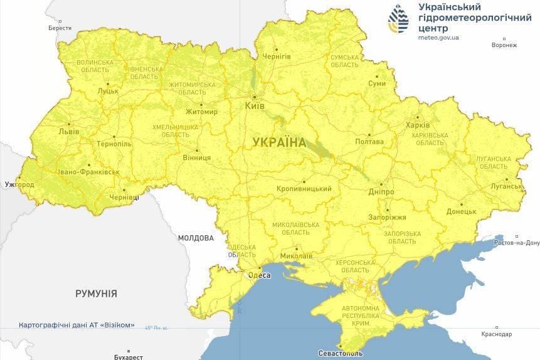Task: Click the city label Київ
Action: [254, 107]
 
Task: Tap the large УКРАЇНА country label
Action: [279, 142]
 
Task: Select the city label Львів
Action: [68, 132]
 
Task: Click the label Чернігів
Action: [276, 56]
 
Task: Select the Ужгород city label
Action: [19, 185]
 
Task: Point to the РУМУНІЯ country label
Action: [96, 294]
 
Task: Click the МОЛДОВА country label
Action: [196, 238]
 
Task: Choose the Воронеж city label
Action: [504, 45]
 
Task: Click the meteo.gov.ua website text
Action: [438, 38]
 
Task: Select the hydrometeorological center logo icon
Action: [398, 19]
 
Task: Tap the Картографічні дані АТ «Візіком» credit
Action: [77, 325]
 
